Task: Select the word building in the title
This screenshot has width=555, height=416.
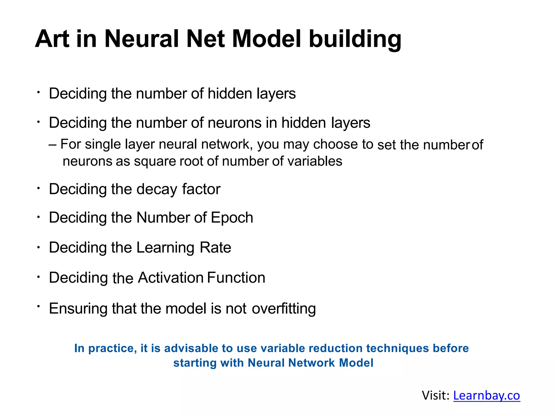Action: point(355,40)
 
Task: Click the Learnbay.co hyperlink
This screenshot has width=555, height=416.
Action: point(486,395)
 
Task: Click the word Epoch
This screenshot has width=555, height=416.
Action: point(232,218)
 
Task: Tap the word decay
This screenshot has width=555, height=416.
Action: point(157,189)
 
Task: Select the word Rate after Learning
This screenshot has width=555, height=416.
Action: point(215,248)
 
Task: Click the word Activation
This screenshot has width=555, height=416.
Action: point(171,278)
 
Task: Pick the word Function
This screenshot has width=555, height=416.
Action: point(236,278)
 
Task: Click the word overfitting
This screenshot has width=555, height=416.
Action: point(284,309)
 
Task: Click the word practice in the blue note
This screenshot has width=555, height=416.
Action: point(112,349)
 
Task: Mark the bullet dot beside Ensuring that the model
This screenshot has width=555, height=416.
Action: point(39,306)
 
